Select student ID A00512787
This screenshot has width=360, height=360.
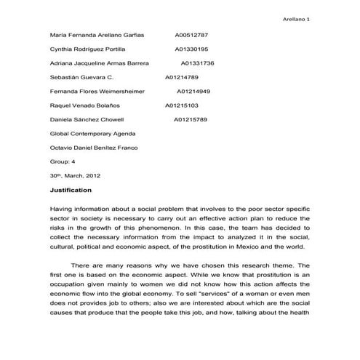pos(191,34)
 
